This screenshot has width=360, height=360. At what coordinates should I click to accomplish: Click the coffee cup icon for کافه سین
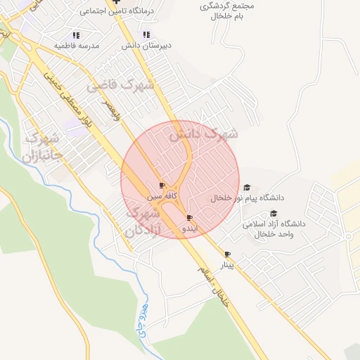tap(162, 185)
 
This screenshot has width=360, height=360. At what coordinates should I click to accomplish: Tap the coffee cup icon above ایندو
tap(189, 217)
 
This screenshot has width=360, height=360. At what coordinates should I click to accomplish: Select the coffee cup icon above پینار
tap(226, 254)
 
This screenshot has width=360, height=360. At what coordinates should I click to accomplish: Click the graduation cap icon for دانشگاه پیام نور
tap(247, 188)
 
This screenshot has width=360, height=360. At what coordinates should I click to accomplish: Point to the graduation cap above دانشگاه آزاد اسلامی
tap(274, 214)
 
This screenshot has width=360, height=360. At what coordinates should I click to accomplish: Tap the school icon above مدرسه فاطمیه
tap(75, 34)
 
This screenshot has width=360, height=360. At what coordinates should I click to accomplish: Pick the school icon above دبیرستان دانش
tap(146, 34)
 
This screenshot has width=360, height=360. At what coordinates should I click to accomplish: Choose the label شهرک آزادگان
tap(143, 220)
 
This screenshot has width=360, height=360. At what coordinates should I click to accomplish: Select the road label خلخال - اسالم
tap(214, 285)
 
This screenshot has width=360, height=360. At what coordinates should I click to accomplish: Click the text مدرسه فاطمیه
tap(77, 45)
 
